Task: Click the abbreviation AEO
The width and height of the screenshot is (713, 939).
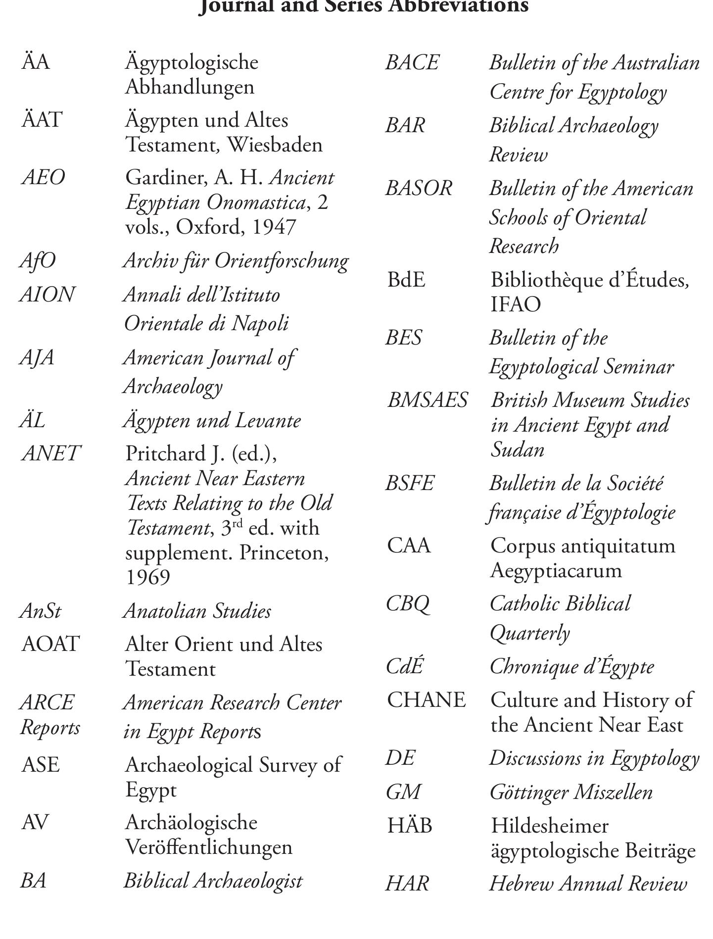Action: (44, 178)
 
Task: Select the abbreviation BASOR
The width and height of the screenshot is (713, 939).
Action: (419, 189)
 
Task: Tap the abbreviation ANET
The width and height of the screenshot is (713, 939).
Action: (51, 453)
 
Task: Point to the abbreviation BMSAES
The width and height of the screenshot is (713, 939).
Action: (428, 400)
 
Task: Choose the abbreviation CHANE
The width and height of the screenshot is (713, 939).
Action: (426, 700)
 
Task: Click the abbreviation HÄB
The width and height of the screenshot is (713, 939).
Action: (410, 826)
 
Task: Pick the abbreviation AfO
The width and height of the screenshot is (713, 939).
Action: (38, 261)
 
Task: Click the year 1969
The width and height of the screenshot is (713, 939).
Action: (148, 577)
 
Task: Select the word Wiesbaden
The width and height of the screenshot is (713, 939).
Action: (275, 145)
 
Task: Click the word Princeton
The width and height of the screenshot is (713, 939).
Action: (284, 552)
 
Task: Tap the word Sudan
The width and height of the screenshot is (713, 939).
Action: (518, 449)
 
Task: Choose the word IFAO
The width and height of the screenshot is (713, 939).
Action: (516, 304)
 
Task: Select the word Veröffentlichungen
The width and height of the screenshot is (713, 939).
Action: (209, 847)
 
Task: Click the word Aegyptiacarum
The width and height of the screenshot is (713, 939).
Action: (556, 570)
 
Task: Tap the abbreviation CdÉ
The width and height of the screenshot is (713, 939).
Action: (405, 666)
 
